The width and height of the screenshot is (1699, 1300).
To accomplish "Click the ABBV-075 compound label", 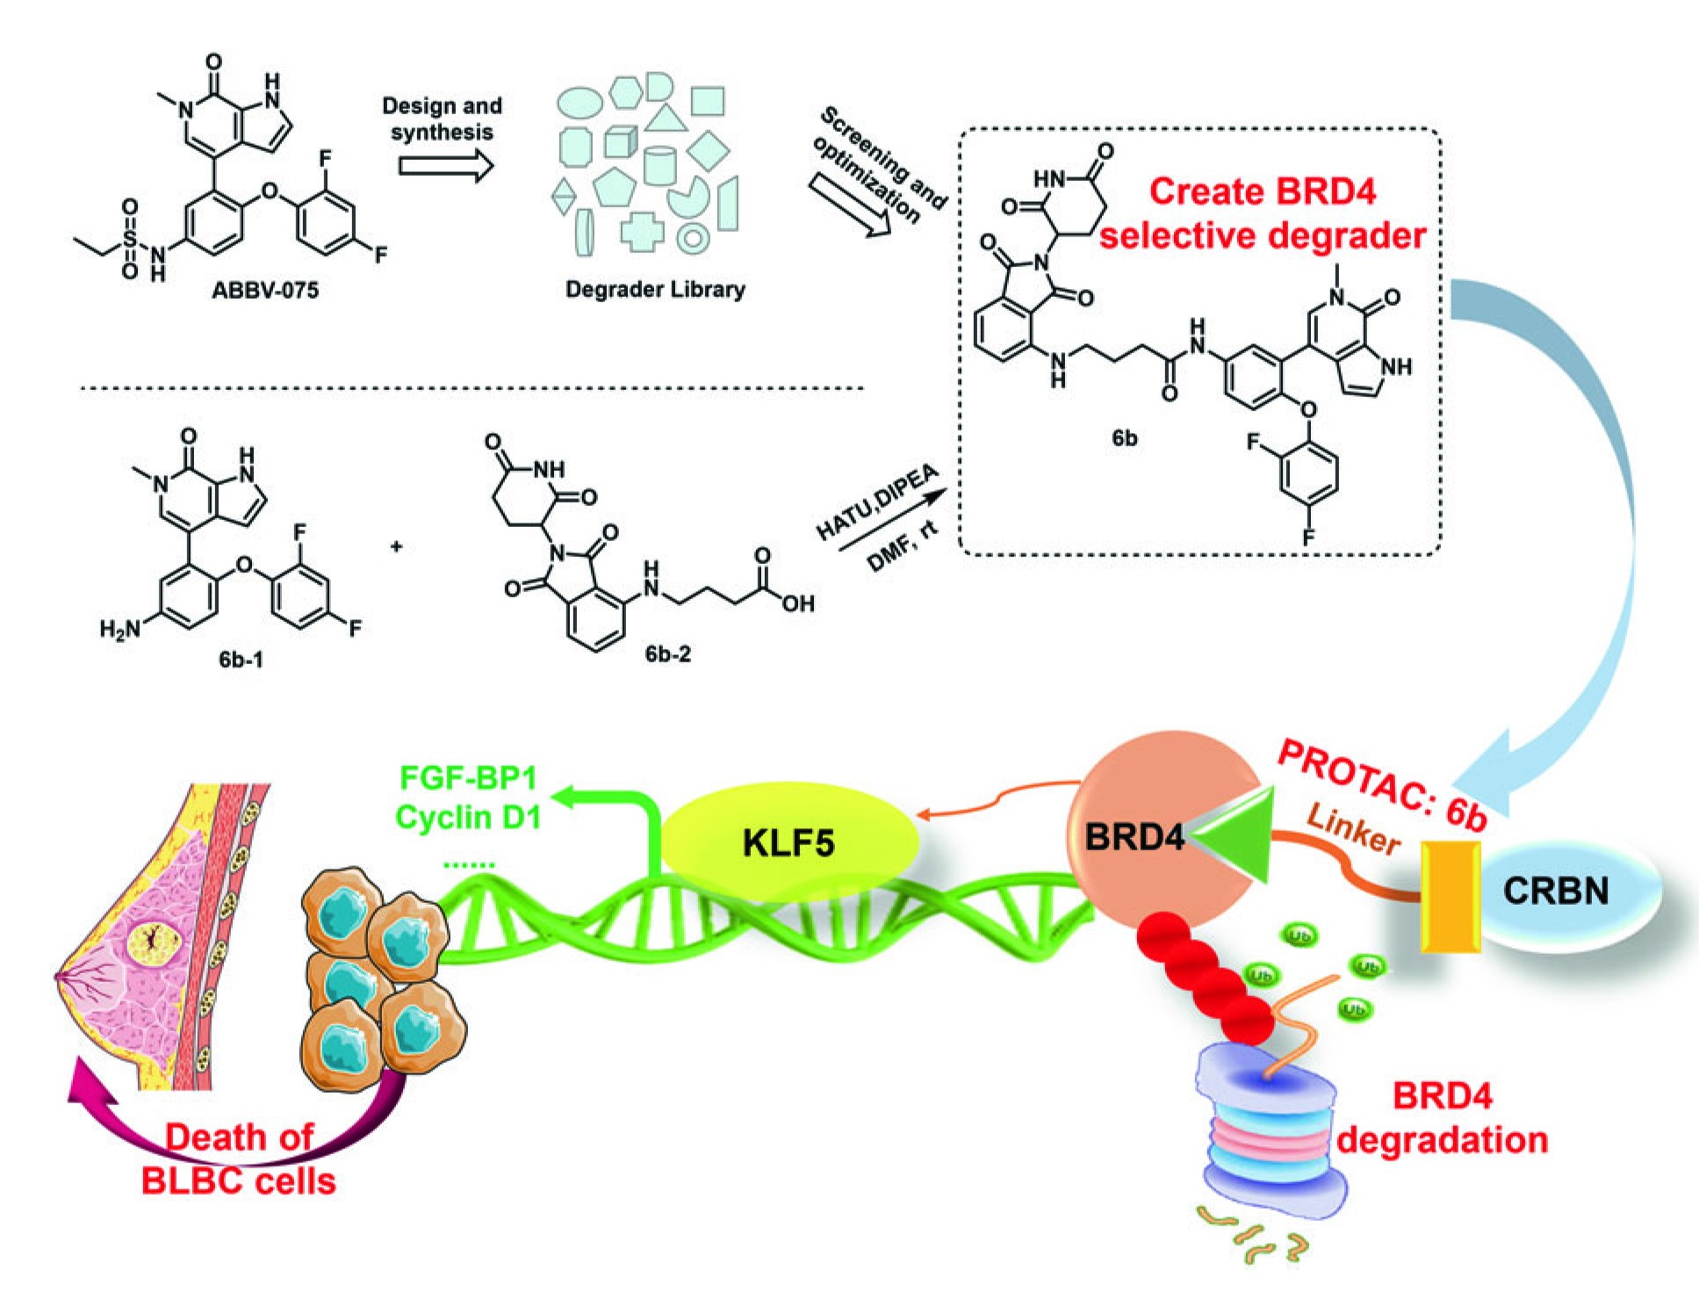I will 265,289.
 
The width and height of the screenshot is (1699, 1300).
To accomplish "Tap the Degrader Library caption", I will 655,289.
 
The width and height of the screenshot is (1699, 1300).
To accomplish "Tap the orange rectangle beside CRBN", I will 1450,896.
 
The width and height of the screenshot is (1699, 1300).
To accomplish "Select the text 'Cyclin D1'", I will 468,817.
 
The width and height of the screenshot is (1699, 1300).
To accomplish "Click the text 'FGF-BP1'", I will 468,777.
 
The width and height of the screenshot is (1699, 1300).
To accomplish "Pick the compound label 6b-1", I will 241,658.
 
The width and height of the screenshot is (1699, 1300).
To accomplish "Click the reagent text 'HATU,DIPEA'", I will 876,503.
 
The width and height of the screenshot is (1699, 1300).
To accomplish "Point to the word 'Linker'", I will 1353,828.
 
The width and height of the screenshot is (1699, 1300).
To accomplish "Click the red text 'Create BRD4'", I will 1263,191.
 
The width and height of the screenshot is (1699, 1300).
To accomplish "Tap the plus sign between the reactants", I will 397,546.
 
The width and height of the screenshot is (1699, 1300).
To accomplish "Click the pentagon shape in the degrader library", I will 615,185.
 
